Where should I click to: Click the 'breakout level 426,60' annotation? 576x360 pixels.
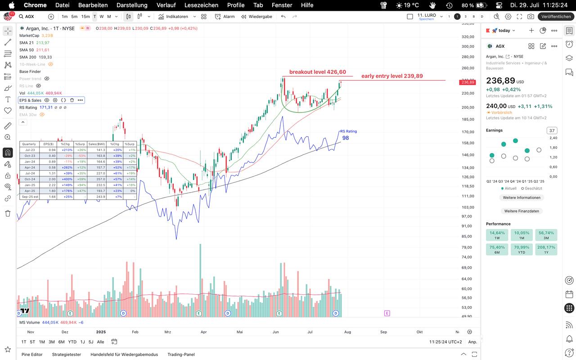click(x=317, y=72)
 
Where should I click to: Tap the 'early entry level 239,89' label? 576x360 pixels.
click(x=392, y=76)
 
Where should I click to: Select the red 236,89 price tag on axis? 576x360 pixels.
click(x=467, y=82)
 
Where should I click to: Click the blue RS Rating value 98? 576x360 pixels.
click(x=346, y=138)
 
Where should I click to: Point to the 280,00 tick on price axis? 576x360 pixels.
click(x=468, y=57)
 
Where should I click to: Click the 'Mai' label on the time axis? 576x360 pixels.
click(x=239, y=332)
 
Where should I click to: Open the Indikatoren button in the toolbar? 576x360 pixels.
click(x=173, y=17)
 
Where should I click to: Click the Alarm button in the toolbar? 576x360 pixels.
click(x=225, y=17)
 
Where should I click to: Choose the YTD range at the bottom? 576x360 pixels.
click(x=72, y=342)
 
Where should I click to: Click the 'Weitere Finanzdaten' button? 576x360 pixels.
click(x=521, y=211)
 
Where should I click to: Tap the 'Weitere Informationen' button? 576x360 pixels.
click(x=522, y=198)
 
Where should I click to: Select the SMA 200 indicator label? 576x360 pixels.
click(x=28, y=57)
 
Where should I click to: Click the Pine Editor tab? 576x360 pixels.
click(x=32, y=355)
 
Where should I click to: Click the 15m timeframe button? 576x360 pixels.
click(x=85, y=17)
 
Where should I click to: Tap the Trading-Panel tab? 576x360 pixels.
click(x=181, y=355)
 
